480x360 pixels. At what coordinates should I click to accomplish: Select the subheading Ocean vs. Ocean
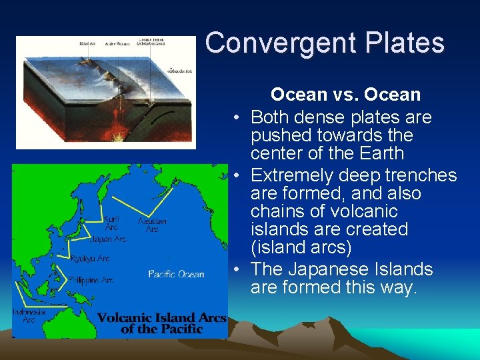point(345,95)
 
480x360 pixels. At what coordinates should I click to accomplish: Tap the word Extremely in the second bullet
point(294,175)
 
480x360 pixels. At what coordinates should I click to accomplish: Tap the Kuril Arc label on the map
point(113,223)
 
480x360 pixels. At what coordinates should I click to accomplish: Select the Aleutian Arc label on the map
point(152,225)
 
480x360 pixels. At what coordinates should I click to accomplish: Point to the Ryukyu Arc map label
point(91,258)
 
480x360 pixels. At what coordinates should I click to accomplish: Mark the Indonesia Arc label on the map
point(29,315)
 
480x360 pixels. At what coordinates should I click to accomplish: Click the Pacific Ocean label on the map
point(176,274)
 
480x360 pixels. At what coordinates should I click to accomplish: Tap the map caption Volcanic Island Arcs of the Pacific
point(161,323)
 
